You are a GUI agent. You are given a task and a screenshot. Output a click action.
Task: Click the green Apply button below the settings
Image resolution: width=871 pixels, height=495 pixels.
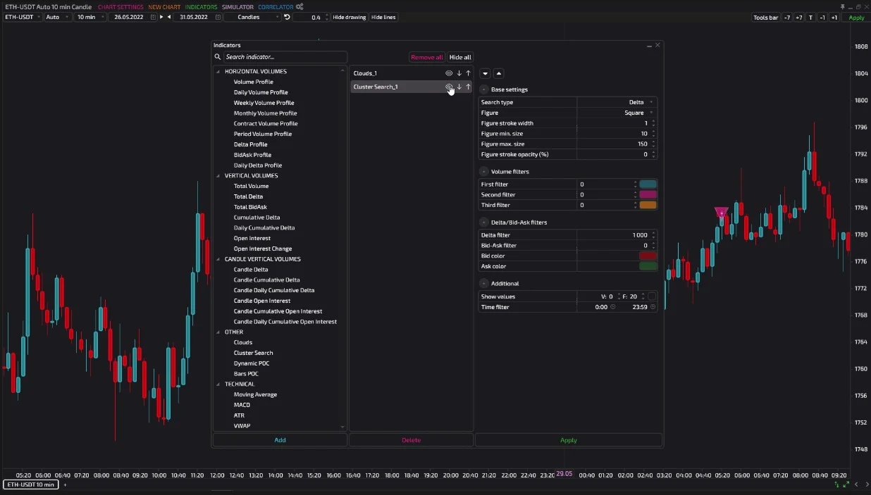569,440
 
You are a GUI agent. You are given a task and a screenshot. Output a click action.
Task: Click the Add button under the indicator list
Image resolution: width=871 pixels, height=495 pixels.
280,440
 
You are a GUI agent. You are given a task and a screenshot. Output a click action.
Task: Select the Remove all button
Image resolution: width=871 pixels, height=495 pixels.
426,57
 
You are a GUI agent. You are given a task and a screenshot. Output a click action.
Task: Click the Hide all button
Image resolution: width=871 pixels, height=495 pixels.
460,57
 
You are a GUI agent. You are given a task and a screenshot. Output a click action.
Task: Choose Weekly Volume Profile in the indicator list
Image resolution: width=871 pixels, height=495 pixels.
264,103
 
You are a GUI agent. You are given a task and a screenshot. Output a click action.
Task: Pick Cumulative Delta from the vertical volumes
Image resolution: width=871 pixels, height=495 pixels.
257,217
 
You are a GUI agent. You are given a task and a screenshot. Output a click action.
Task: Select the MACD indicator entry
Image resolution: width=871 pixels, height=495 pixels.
242,405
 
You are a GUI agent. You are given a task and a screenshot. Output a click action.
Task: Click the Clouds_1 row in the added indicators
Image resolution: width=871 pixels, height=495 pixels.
397,73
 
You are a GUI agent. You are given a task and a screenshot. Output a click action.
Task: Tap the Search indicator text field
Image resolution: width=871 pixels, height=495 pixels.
285,57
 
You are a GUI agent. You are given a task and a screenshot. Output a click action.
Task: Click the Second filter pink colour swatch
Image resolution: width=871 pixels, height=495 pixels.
648,194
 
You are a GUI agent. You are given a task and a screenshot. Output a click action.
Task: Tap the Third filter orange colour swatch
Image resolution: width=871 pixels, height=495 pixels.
648,205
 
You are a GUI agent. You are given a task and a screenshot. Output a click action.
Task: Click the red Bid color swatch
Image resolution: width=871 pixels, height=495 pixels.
648,256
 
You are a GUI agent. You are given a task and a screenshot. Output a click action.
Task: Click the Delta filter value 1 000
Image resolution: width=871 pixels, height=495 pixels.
640,235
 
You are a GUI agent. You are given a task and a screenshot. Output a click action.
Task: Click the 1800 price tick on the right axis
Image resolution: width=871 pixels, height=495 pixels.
861,100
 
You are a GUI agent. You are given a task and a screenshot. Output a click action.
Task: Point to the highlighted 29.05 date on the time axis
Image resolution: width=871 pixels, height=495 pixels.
564,474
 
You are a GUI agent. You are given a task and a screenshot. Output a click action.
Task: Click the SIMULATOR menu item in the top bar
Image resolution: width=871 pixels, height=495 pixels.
237,7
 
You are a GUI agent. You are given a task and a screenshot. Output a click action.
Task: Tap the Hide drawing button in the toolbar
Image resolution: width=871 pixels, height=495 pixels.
350,17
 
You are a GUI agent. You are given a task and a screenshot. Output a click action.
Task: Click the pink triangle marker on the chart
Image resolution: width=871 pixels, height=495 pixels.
722,212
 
